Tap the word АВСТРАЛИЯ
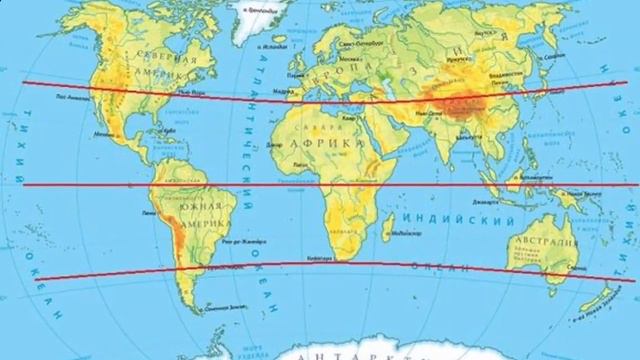click(546, 242)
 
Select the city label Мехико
click(103, 131)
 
